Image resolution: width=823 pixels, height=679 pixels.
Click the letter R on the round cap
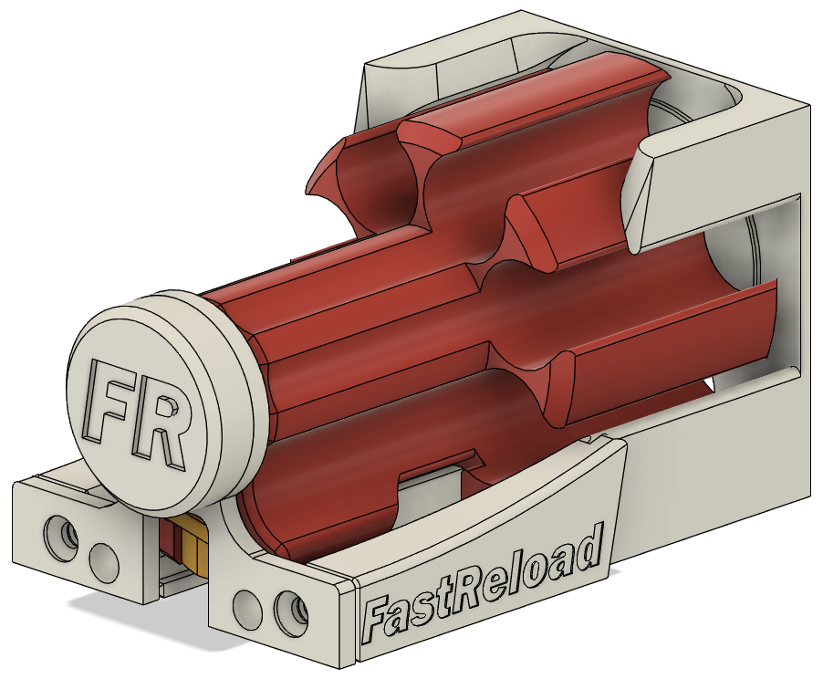(x=163, y=422)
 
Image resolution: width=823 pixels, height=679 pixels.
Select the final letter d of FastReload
(x=590, y=550)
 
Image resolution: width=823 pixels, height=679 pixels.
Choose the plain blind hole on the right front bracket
(x=245, y=605)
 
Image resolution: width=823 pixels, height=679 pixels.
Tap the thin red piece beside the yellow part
(x=172, y=538)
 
